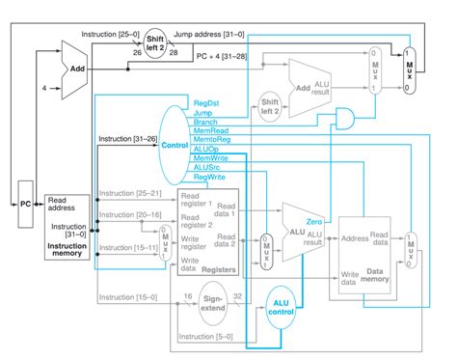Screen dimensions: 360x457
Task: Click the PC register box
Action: tap(26, 204)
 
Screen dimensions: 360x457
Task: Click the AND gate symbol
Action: tap(342, 119)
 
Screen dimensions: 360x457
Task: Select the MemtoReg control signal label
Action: tap(212, 140)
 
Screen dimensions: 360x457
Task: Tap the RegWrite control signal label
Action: tap(210, 178)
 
